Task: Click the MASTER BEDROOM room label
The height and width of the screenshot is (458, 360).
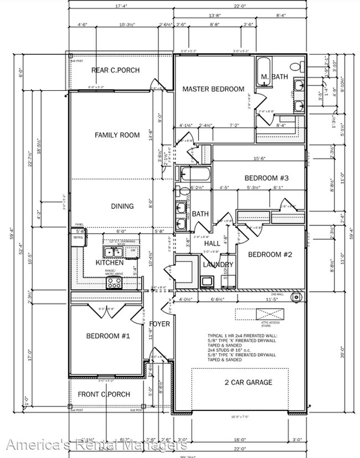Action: click(x=213, y=89)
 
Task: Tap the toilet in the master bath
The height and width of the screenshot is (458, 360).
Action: click(x=297, y=66)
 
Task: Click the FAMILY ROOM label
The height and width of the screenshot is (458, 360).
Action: click(x=117, y=135)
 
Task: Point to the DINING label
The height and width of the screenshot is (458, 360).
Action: click(x=122, y=206)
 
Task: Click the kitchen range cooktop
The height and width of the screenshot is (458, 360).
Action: click(x=114, y=282)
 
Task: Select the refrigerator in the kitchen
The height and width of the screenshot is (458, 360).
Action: click(x=78, y=239)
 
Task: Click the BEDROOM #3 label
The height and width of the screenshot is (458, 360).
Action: click(x=267, y=178)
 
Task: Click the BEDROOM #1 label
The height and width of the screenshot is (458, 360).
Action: click(x=107, y=336)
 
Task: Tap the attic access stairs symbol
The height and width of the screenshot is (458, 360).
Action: click(x=270, y=315)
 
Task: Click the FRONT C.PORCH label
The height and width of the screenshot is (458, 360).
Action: click(x=104, y=394)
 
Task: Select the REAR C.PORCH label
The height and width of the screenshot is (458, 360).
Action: click(x=115, y=70)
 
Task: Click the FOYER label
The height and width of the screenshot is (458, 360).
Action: click(x=160, y=323)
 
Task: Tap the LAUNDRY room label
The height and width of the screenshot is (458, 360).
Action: click(x=218, y=265)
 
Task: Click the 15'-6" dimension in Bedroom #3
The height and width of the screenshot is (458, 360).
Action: click(x=260, y=158)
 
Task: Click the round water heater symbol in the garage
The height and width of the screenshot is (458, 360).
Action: click(x=298, y=297)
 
